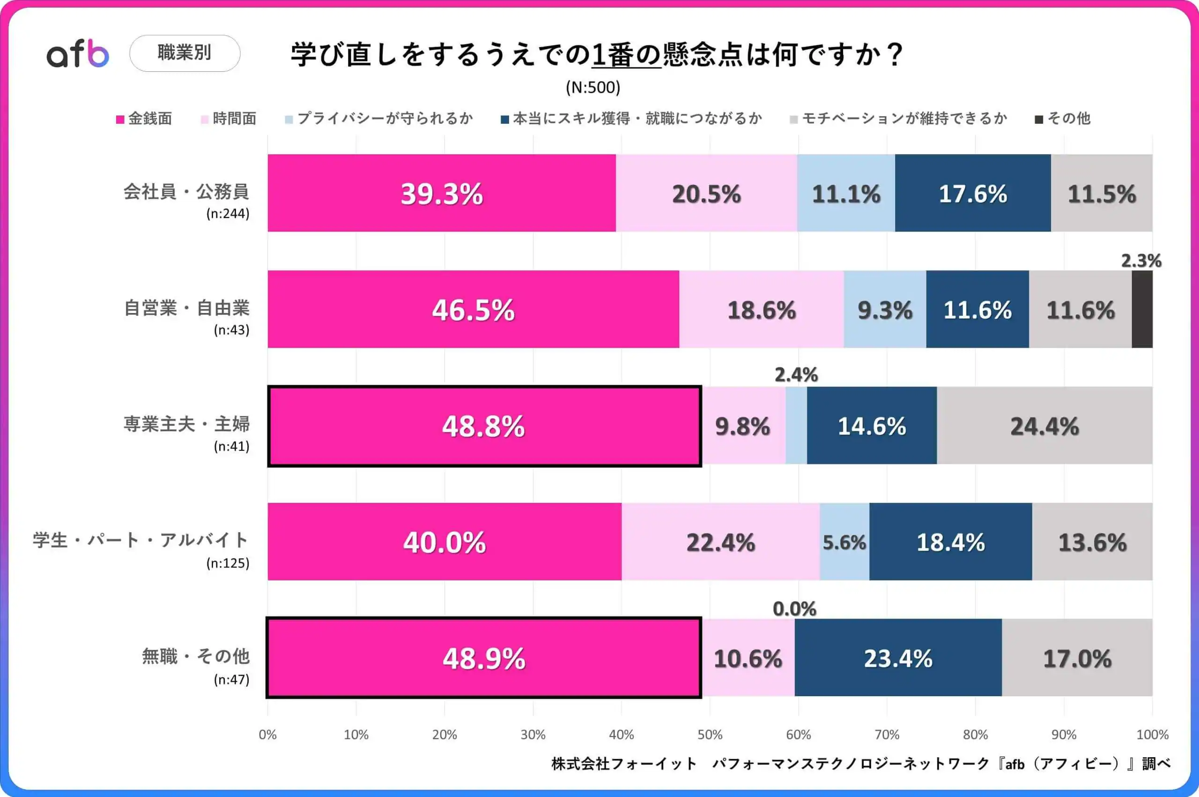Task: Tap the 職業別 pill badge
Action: [x=185, y=53]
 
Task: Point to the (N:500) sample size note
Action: [x=593, y=88]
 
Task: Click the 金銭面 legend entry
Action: [x=144, y=119]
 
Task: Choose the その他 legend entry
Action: [x=1063, y=119]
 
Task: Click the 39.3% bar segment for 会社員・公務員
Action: [x=442, y=193]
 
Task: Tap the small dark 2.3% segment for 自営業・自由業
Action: [x=1141, y=309]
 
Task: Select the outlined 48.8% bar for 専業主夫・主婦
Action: [x=484, y=426]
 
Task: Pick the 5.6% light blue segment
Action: [x=844, y=542]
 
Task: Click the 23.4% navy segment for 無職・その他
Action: [x=898, y=658]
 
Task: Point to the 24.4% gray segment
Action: [x=1044, y=426]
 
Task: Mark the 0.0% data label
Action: [x=794, y=609]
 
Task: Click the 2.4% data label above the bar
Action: [x=796, y=375]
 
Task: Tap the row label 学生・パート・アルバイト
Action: [x=141, y=540]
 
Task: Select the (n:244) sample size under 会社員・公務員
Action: [x=228, y=214]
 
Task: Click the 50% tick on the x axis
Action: [x=710, y=735]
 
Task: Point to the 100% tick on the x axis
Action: [x=1152, y=735]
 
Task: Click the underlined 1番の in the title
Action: [x=626, y=55]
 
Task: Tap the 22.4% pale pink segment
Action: [x=720, y=542]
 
